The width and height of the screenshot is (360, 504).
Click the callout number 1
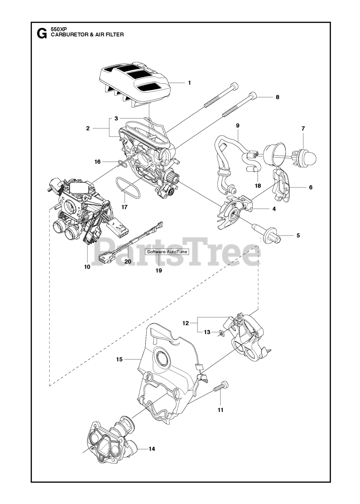(189, 83)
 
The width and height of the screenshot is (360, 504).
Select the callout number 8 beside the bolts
(277, 97)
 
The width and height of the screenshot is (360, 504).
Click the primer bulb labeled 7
(305, 156)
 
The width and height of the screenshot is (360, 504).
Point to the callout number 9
(238, 125)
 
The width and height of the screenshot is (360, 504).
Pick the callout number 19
(159, 271)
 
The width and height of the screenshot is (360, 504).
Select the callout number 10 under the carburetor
(87, 267)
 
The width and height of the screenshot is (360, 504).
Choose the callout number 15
(119, 359)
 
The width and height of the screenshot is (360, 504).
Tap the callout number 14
(152, 448)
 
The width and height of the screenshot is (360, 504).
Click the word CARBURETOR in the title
(69, 35)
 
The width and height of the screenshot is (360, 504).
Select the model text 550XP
(59, 29)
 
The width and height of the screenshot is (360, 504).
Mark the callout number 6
(310, 187)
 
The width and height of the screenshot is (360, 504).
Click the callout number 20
(127, 261)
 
